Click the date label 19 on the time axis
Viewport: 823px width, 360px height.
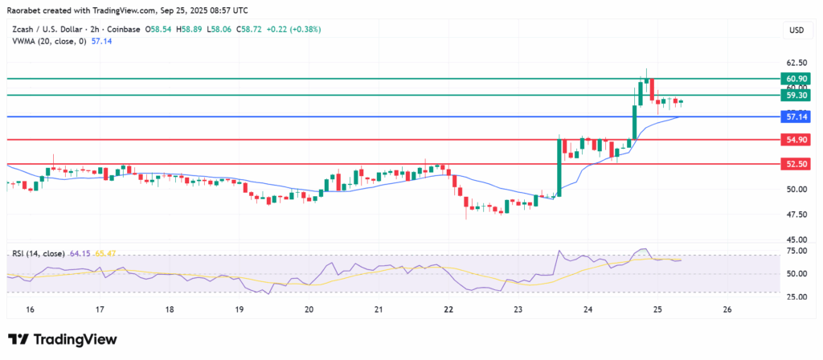[x=239, y=309]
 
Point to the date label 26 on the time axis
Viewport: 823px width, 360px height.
[x=727, y=309]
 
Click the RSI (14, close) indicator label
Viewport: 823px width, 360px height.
[x=39, y=254]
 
